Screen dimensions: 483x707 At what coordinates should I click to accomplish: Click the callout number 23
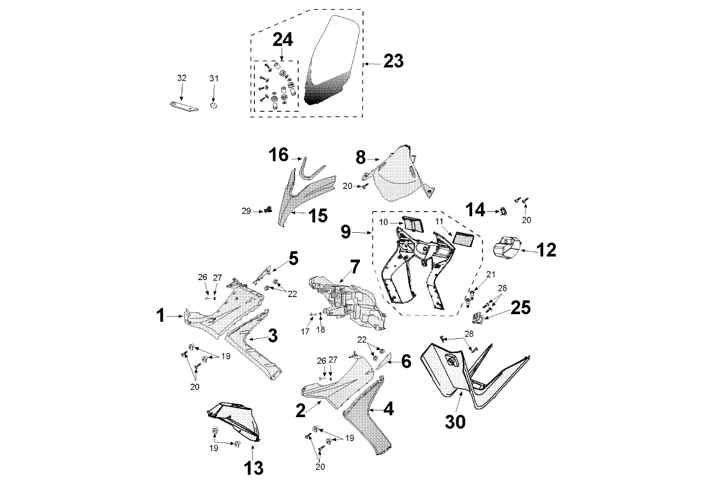tap(393, 61)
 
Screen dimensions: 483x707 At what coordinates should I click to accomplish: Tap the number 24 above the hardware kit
tap(282, 40)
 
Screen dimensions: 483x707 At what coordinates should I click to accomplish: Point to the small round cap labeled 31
tap(214, 106)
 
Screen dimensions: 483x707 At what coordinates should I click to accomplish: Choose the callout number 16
tap(279, 154)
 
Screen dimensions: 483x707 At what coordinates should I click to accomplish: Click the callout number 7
tap(355, 266)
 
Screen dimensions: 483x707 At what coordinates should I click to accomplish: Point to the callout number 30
tap(455, 422)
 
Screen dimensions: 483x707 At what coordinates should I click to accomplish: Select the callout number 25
tap(520, 307)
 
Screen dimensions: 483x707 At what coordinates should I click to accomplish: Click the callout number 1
tap(161, 315)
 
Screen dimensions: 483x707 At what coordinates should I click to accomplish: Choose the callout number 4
tap(388, 409)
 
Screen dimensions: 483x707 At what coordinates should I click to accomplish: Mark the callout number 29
tap(247, 211)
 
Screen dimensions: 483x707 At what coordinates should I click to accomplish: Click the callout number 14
tap(475, 210)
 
